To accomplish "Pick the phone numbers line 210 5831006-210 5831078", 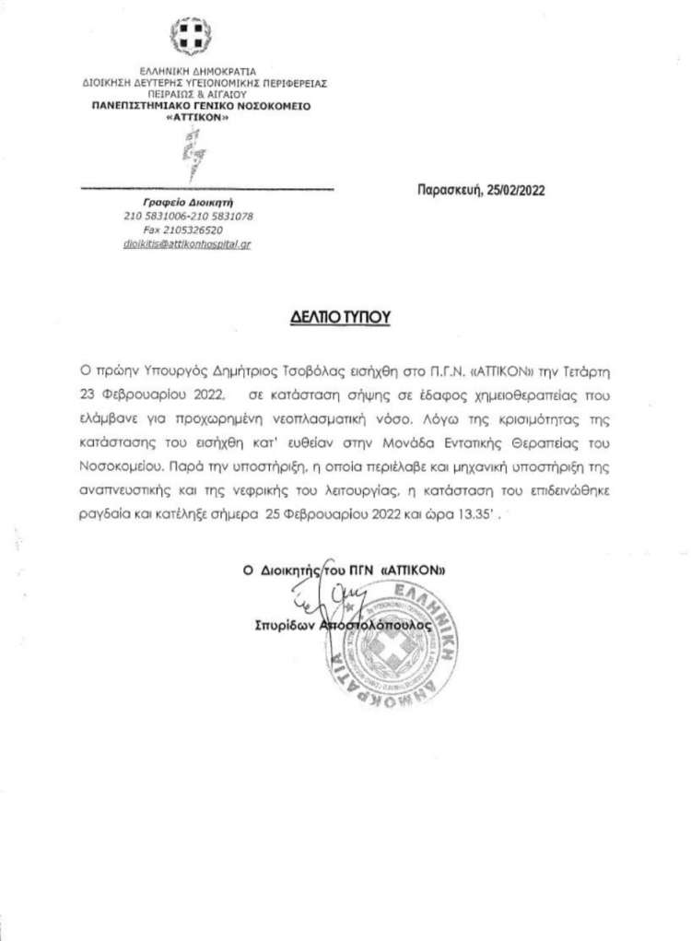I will point(189,216).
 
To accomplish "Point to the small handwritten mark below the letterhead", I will point(193,152).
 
